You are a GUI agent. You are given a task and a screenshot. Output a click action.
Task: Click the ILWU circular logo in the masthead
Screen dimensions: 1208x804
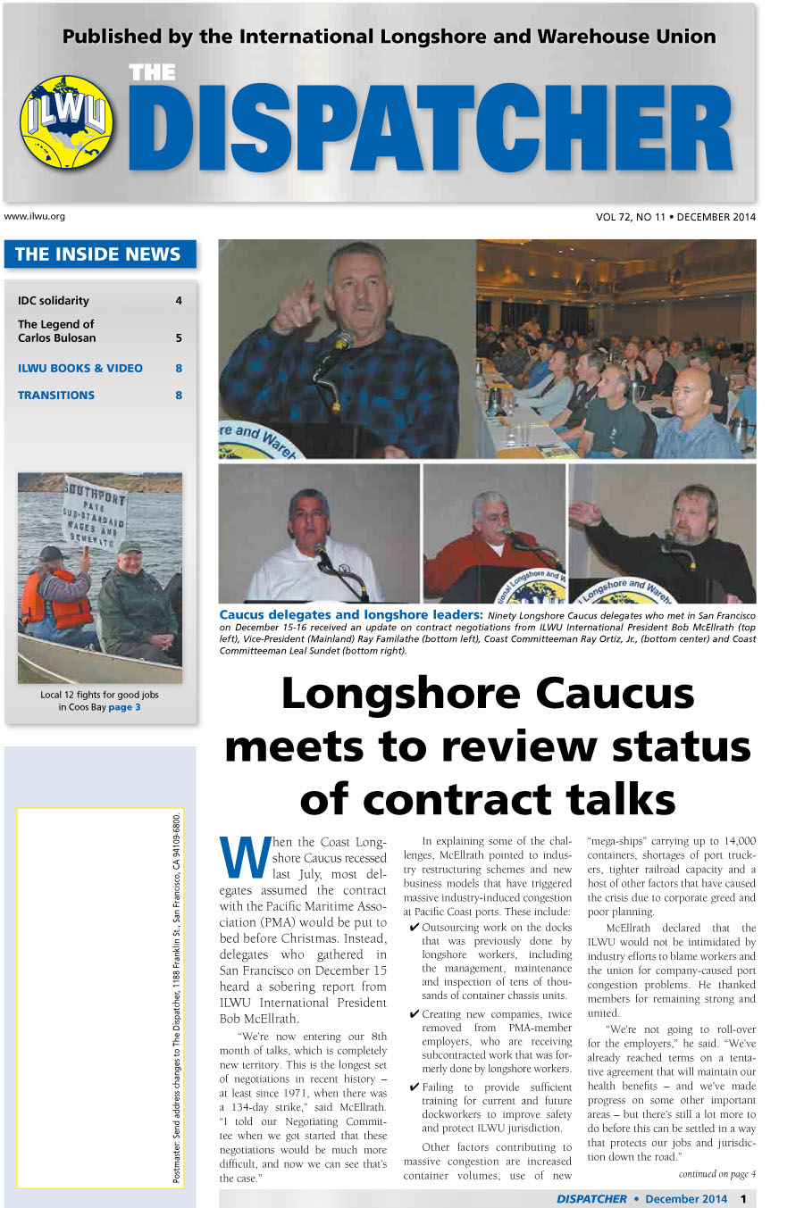pyautogui.click(x=67, y=122)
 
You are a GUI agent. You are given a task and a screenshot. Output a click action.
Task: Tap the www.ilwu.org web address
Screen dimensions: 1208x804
pyautogui.click(x=35, y=216)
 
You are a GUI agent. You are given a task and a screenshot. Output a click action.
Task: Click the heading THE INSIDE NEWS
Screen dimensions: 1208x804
pyautogui.click(x=98, y=254)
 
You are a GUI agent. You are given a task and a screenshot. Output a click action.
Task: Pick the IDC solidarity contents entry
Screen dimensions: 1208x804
pyautogui.click(x=54, y=301)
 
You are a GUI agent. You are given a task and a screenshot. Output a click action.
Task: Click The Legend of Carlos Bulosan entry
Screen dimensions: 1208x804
pyautogui.click(x=57, y=331)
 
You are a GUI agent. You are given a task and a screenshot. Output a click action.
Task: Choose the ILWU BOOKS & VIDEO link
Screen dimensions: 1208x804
pyautogui.click(x=80, y=368)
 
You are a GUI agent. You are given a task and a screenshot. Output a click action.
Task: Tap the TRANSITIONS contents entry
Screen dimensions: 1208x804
pyautogui.click(x=56, y=395)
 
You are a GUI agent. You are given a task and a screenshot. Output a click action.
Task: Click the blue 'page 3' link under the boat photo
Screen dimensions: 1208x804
pyautogui.click(x=124, y=707)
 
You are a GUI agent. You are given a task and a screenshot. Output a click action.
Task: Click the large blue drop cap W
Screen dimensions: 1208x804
pyautogui.click(x=244, y=858)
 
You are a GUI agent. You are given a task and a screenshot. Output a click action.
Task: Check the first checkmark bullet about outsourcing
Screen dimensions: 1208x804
pyautogui.click(x=414, y=928)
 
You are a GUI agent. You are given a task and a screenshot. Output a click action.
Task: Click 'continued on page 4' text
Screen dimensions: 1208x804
pyautogui.click(x=716, y=1173)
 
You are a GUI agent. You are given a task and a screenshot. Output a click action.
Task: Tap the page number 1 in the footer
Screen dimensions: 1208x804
pyautogui.click(x=743, y=1199)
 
